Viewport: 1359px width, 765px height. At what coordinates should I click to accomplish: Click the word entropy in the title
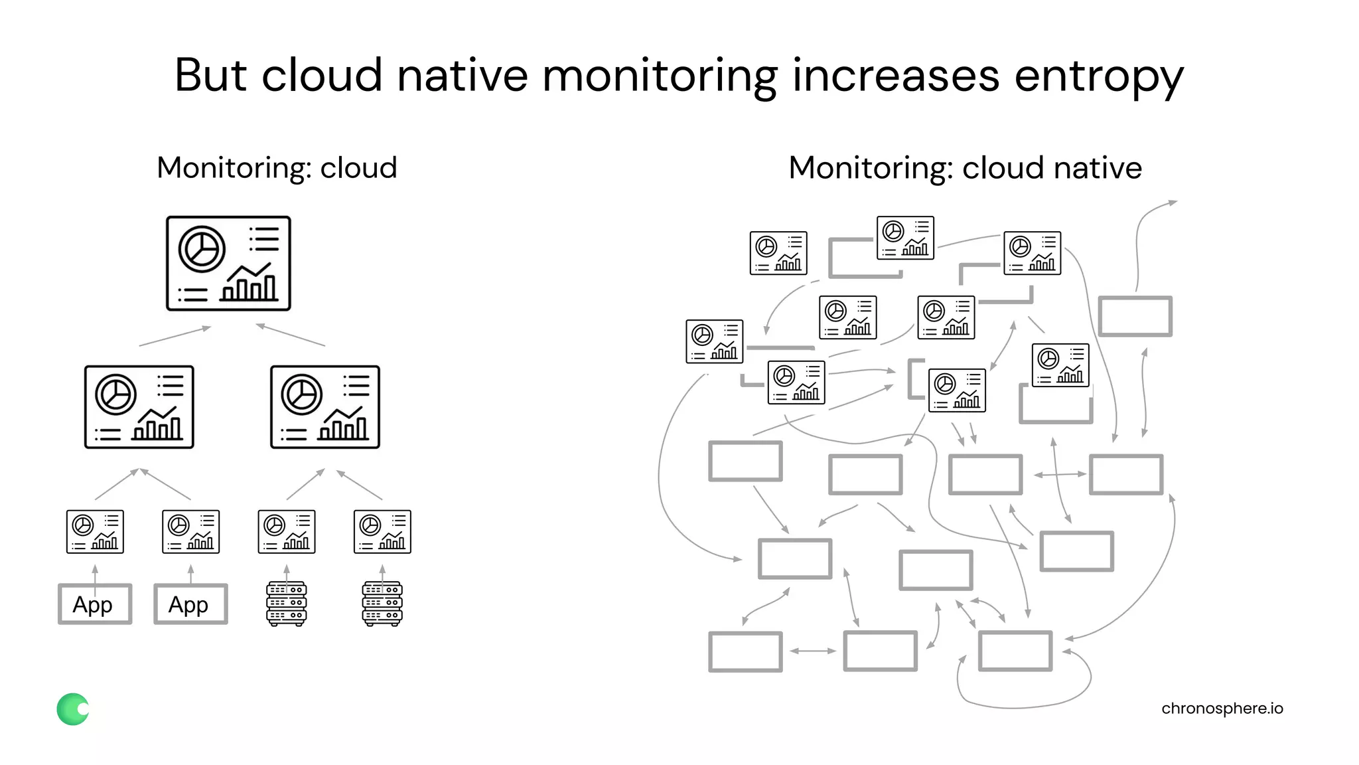pos(1098,76)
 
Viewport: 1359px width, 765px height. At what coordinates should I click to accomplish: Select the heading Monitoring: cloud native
pos(965,167)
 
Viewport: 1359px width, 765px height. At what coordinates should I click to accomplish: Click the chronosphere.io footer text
pos(1222,708)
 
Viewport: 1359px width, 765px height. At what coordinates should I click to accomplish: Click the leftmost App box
pos(95,604)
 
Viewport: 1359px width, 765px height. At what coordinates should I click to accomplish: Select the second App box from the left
pos(190,604)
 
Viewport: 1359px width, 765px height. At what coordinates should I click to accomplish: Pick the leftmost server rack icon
pos(286,604)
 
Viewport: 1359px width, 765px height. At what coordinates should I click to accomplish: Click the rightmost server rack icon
pos(382,604)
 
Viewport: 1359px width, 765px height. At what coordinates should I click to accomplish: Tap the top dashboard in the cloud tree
pos(228,263)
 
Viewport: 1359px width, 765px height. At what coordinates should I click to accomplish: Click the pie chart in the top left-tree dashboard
pos(202,250)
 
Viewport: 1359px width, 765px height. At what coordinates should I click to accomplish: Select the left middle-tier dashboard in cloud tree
pos(139,406)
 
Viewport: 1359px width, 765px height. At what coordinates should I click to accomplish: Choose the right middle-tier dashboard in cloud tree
pos(325,406)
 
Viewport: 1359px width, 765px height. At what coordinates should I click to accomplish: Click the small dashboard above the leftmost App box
pos(95,531)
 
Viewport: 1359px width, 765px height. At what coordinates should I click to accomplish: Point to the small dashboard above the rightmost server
pos(382,531)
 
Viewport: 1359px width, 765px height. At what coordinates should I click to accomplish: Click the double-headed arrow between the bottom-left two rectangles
pos(812,651)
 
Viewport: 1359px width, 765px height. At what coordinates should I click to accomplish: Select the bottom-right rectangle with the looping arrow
pos(1015,651)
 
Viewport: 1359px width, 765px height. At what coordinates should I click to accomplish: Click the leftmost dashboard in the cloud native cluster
pos(714,341)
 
